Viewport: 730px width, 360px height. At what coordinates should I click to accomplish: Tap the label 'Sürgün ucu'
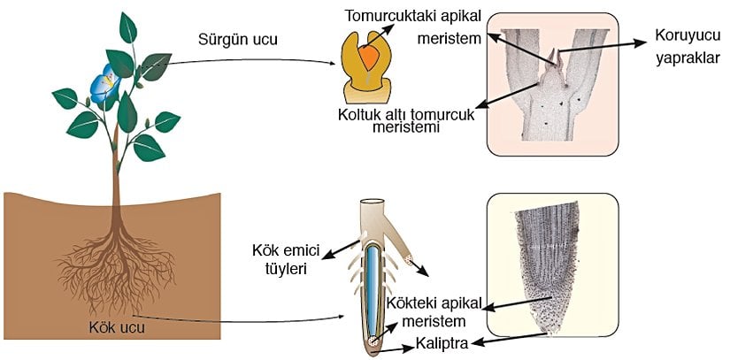pyautogui.click(x=232, y=41)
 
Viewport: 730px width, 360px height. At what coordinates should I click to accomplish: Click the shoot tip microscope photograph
pyautogui.click(x=552, y=84)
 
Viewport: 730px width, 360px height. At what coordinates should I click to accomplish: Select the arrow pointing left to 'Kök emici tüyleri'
pyautogui.click(x=341, y=248)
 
